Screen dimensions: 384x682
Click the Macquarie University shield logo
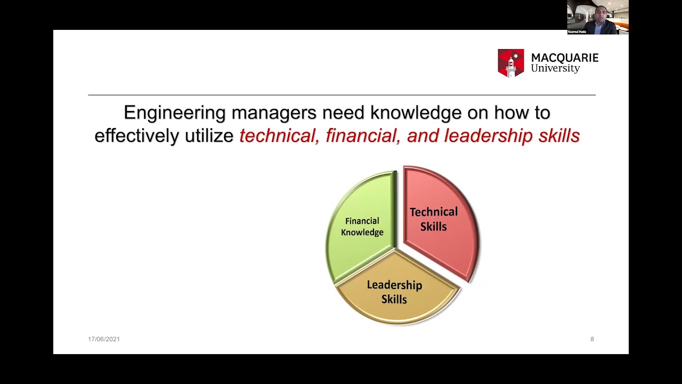tap(511, 63)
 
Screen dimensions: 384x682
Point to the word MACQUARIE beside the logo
tap(565, 58)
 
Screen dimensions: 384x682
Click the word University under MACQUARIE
tap(555, 69)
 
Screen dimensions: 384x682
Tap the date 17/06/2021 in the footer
tap(104, 339)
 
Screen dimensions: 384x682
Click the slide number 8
tap(592, 339)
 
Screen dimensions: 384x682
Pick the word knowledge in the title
tap(416, 113)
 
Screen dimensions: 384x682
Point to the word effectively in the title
tap(137, 136)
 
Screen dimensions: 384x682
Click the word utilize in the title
tap(209, 136)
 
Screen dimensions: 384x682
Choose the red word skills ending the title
tap(559, 136)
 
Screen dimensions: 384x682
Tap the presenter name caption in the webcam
tap(577, 31)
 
